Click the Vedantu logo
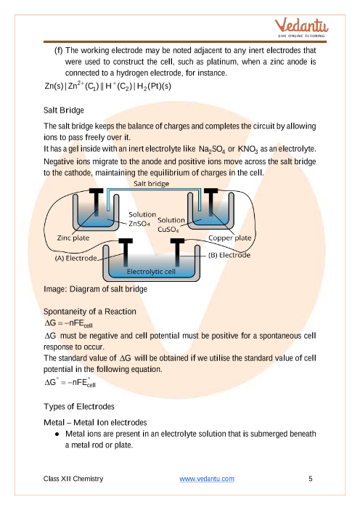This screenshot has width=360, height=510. (301, 28)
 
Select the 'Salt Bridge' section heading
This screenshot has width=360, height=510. (64, 110)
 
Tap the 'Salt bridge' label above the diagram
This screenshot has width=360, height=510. (152, 184)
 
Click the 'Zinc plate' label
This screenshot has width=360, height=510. (73, 238)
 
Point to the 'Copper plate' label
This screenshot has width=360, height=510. (229, 238)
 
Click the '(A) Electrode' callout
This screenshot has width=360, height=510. (76, 258)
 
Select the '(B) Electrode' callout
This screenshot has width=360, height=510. (229, 255)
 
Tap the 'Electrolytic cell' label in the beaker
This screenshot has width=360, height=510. (151, 271)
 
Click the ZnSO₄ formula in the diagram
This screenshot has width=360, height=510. (139, 224)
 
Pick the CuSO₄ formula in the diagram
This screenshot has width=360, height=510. (168, 230)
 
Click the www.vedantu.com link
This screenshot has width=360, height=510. (207, 479)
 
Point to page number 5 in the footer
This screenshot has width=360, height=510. (311, 479)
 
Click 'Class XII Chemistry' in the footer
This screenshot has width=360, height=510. (73, 479)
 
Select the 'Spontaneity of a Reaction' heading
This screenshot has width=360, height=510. (90, 312)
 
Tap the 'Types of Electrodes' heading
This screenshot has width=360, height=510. (79, 407)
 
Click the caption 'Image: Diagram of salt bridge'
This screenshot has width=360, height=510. (95, 289)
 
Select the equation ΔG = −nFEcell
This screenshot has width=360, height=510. (68, 323)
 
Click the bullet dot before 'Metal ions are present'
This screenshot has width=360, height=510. (57, 434)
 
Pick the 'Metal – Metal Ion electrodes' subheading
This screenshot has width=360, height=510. (95, 423)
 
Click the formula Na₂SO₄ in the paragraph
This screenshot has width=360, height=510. (212, 149)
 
